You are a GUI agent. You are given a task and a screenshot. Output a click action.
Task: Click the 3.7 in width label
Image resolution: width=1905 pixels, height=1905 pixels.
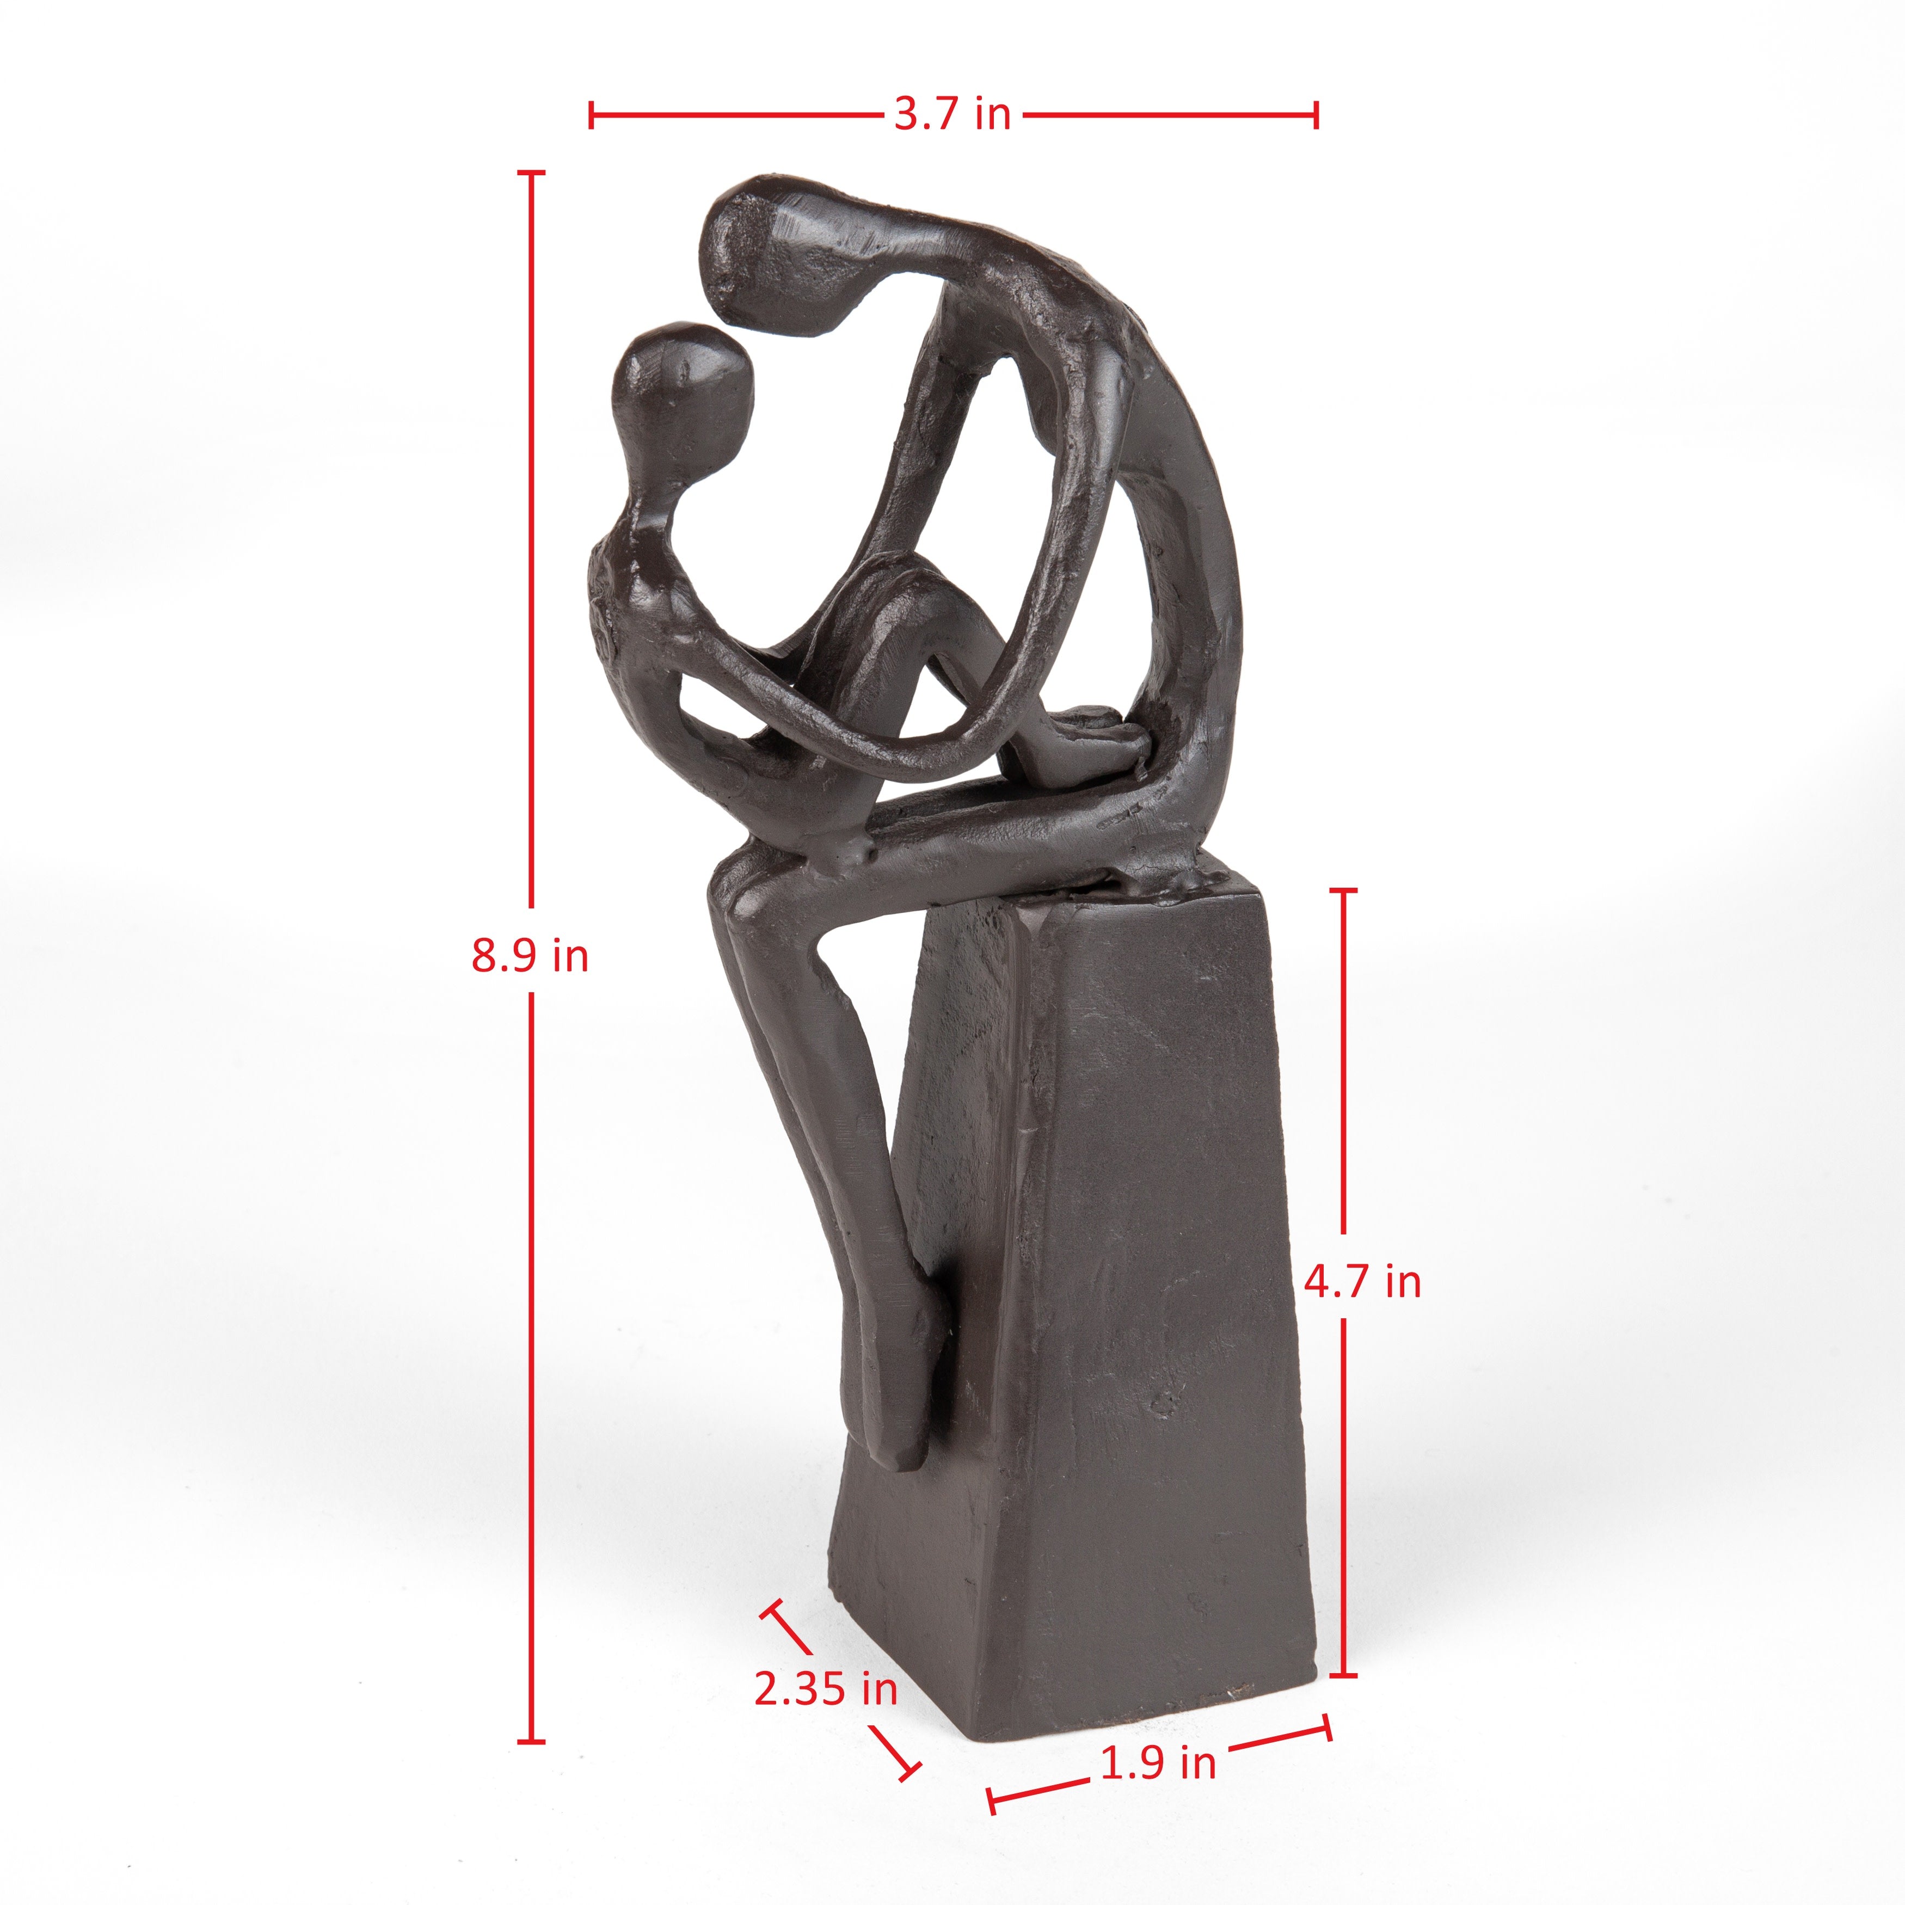(952, 114)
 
